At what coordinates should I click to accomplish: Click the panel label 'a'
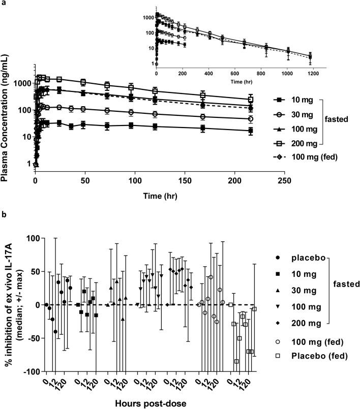[x=3, y=4]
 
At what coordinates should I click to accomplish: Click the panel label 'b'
[x=4, y=215]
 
